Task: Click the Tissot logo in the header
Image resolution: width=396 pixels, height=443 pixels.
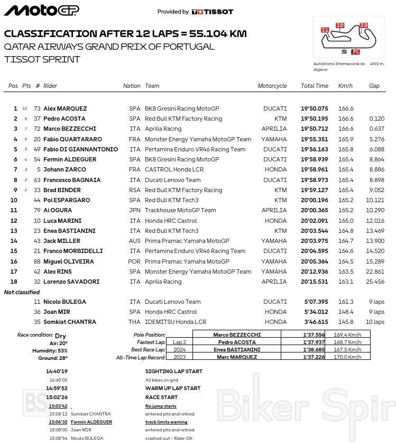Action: click(212, 12)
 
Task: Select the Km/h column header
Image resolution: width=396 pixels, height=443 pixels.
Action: click(345, 86)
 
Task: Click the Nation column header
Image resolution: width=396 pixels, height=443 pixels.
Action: click(132, 86)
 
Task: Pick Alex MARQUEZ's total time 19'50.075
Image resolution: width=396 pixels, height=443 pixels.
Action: click(315, 109)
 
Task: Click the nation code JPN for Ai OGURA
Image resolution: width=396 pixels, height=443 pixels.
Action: click(135, 210)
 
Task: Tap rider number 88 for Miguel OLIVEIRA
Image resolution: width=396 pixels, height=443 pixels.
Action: click(36, 261)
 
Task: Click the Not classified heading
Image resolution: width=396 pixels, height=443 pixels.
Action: click(22, 292)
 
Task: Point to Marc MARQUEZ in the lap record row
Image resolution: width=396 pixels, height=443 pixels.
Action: click(236, 357)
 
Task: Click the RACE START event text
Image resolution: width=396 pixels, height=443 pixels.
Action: click(161, 397)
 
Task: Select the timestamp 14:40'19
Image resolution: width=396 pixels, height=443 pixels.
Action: click(57, 372)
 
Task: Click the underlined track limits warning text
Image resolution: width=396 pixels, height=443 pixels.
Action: click(166, 422)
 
